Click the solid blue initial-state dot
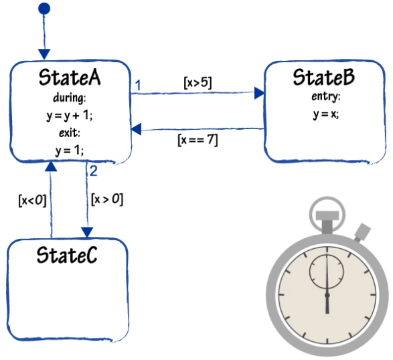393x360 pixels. [44, 9]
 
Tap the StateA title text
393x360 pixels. [70, 78]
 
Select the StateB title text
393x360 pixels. [324, 77]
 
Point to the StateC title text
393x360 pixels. [67, 255]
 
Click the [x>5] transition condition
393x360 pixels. [198, 82]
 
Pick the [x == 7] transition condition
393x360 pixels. [198, 140]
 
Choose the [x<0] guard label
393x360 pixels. [33, 201]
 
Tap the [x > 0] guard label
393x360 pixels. [107, 199]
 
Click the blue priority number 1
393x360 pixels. [138, 86]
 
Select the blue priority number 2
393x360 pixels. [93, 171]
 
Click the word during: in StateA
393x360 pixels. [70, 98]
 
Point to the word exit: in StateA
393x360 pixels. [70, 132]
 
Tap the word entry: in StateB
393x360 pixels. [326, 96]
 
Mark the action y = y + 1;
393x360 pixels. [70, 116]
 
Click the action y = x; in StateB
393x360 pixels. [326, 114]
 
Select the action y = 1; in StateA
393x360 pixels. [70, 151]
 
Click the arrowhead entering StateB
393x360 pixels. [259, 93]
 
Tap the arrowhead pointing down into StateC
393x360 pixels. [87, 232]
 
